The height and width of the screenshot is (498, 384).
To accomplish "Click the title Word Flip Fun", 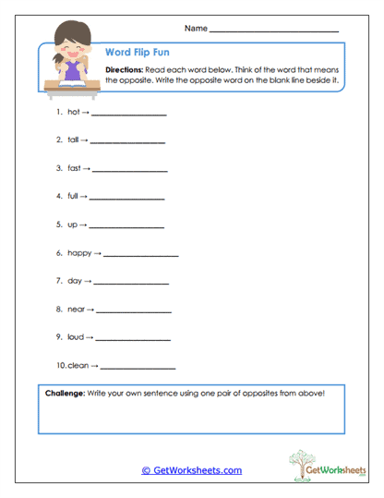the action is tap(136, 53).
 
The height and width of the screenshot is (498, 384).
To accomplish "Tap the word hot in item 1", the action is tap(74, 112).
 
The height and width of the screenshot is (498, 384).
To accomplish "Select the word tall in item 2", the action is tap(73, 140).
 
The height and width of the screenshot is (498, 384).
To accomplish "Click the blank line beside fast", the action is tap(130, 171).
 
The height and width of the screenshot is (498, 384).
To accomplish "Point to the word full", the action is tap(73, 196).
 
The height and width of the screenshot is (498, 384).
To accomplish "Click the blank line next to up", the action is tap(126, 226).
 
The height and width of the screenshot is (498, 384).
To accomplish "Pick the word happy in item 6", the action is tap(79, 252).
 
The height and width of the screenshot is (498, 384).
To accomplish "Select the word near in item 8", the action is tap(76, 309).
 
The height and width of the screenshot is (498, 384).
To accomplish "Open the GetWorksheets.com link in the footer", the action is tap(192, 470).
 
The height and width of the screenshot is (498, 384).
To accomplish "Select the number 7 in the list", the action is tap(58, 280).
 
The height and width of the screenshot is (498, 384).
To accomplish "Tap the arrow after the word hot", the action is tap(86, 112).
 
